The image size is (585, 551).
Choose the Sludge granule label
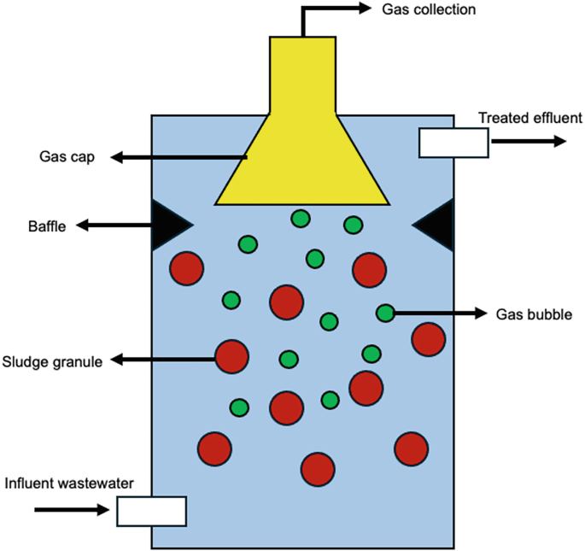53,361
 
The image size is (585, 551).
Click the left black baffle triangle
167,225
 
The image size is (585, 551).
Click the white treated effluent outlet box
453,142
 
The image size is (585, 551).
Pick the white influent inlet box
151,510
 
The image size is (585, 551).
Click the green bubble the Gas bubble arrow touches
385,314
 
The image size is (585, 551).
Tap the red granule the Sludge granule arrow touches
231,357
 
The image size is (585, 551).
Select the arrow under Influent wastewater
73,510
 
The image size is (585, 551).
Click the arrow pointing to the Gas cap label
179,157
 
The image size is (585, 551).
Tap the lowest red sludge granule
318,469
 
